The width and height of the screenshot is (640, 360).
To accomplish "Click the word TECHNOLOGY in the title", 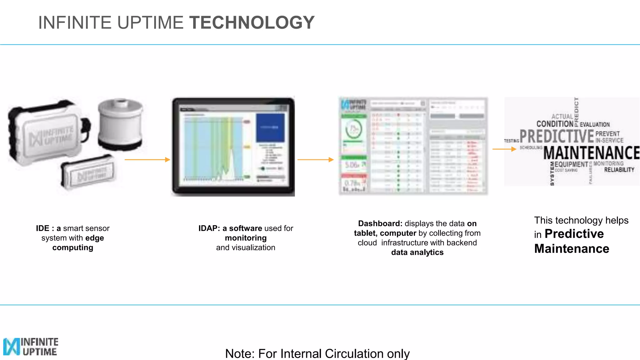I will pos(252,22).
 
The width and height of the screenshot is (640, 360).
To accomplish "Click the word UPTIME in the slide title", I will pos(150,22).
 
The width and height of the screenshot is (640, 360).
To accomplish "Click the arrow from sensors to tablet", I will pos(147,160).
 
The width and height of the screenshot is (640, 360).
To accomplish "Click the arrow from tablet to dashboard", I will pos(316,160).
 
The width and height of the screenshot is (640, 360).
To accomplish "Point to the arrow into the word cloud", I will pos(504,149).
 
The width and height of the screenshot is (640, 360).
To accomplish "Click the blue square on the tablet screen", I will pos(270,127).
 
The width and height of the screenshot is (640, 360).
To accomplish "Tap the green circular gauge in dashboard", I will pos(353,129).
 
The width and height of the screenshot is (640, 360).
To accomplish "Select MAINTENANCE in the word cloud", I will pos(591,153).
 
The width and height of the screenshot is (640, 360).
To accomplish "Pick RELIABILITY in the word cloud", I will pos(619,170).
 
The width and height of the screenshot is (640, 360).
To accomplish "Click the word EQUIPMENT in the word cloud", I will pos(571,164).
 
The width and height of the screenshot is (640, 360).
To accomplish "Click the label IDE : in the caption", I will pos(45,228).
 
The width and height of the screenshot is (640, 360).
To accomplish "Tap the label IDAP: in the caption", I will pos(209,228).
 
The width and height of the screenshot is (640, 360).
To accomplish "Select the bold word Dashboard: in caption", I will pos(380,224).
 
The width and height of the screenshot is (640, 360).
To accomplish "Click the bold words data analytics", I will pos(417,252).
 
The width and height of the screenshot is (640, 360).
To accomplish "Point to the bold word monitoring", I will pos(246,238).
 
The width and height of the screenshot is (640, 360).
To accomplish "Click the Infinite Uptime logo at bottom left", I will pos(31,346).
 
